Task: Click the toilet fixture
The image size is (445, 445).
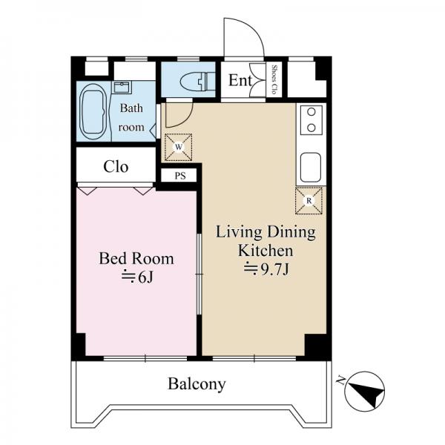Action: [x=197, y=82]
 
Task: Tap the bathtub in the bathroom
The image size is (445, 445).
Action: [x=93, y=111]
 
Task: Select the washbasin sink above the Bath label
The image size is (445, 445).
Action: [x=122, y=87]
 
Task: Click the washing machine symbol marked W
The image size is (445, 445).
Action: [x=179, y=147]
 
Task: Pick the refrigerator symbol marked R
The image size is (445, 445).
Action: [x=309, y=201]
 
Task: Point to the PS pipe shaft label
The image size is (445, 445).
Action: [x=180, y=176]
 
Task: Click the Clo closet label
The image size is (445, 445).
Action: [x=116, y=167]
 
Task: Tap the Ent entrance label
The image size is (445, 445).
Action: [x=240, y=80]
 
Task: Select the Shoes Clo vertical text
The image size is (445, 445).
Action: [x=274, y=79]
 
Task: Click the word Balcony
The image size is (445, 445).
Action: [x=197, y=384]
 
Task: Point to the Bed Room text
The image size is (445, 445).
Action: [x=136, y=259]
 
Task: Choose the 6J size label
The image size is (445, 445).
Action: [x=138, y=277]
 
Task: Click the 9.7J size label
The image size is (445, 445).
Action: [x=266, y=269]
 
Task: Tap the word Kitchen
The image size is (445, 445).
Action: [x=266, y=251]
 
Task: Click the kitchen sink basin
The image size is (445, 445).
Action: [x=311, y=168]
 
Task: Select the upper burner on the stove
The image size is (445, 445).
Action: [x=311, y=112]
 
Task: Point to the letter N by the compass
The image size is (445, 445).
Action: [x=341, y=380]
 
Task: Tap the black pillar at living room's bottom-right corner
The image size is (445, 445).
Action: [x=316, y=346]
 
